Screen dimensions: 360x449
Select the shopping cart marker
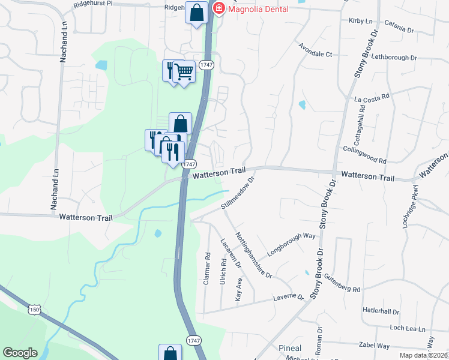[x=184, y=73]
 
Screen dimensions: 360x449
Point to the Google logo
[x=20, y=353]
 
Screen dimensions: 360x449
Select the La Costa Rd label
[x=372, y=96]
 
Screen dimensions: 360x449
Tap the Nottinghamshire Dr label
[x=253, y=255]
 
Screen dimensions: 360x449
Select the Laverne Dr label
[x=289, y=297]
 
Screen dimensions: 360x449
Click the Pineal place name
[x=290, y=349]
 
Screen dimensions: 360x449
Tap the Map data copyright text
[x=424, y=355]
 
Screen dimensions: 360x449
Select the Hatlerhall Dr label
[x=381, y=311]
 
